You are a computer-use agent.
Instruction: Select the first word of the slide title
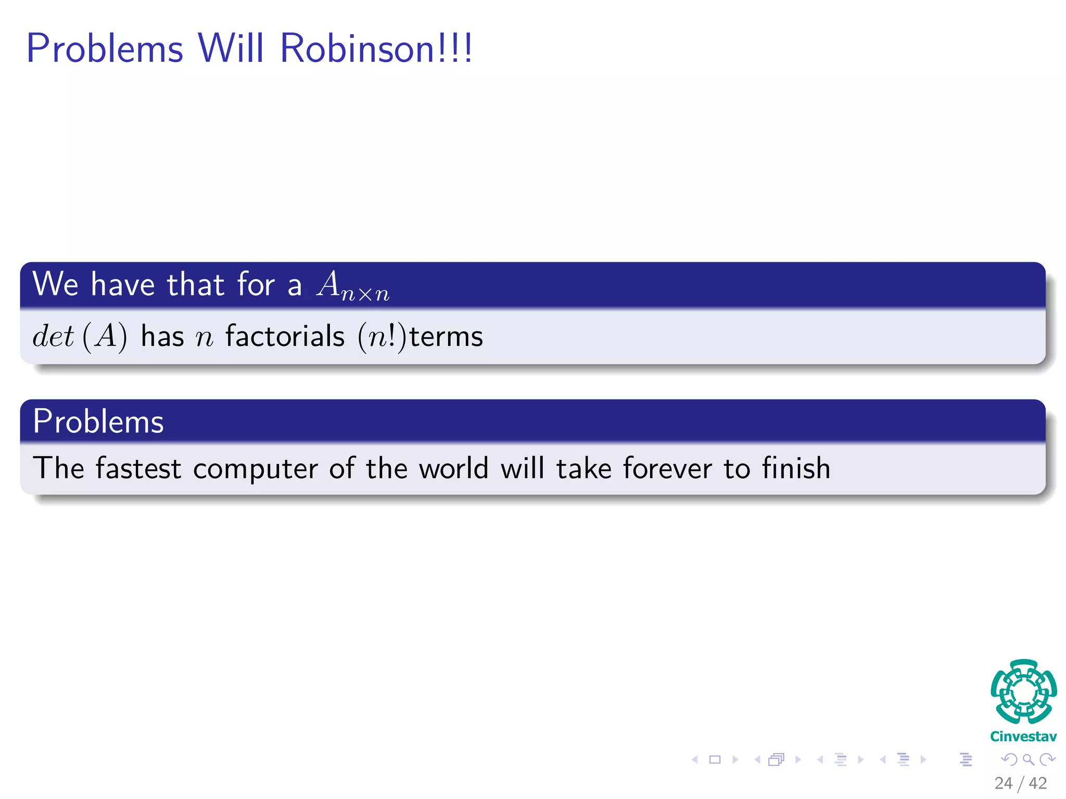[x=105, y=48]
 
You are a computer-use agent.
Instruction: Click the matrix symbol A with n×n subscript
[x=352, y=286]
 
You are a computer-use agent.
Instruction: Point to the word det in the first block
[x=53, y=336]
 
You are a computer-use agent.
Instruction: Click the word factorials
[x=285, y=336]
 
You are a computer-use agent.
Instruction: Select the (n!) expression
[x=382, y=337]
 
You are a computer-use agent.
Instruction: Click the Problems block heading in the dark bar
[x=98, y=421]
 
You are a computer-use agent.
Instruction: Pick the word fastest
[x=138, y=468]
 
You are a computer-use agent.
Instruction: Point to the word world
[x=454, y=468]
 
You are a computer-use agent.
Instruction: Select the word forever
[x=667, y=468]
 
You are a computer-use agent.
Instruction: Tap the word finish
[x=796, y=468]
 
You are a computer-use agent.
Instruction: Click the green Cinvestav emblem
[x=1023, y=691]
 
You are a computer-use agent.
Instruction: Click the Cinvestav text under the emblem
[x=1023, y=737]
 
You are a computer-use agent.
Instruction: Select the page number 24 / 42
[x=1020, y=783]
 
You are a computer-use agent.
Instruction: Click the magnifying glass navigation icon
[x=1029, y=760]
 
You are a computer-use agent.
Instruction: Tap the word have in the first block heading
[x=123, y=285]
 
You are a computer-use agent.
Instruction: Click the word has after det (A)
[x=162, y=336]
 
